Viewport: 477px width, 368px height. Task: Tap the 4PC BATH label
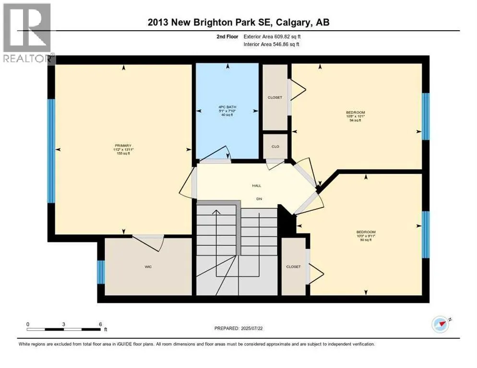(226, 107)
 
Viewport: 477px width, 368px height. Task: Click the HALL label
(257, 185)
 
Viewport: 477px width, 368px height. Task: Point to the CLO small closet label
(275, 147)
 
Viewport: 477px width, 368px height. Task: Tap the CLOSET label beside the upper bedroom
(274, 97)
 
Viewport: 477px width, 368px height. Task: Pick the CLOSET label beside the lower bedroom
(293, 266)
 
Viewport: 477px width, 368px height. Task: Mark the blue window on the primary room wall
(50, 151)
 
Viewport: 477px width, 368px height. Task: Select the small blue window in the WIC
(101, 272)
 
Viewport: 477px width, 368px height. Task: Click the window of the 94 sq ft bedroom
(425, 116)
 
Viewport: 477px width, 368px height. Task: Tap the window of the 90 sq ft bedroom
(425, 235)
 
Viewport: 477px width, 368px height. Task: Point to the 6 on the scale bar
(100, 324)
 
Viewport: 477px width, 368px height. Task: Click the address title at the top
(238, 22)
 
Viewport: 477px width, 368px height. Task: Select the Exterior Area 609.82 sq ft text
(272, 36)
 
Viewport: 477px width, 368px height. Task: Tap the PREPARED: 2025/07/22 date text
(238, 328)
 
